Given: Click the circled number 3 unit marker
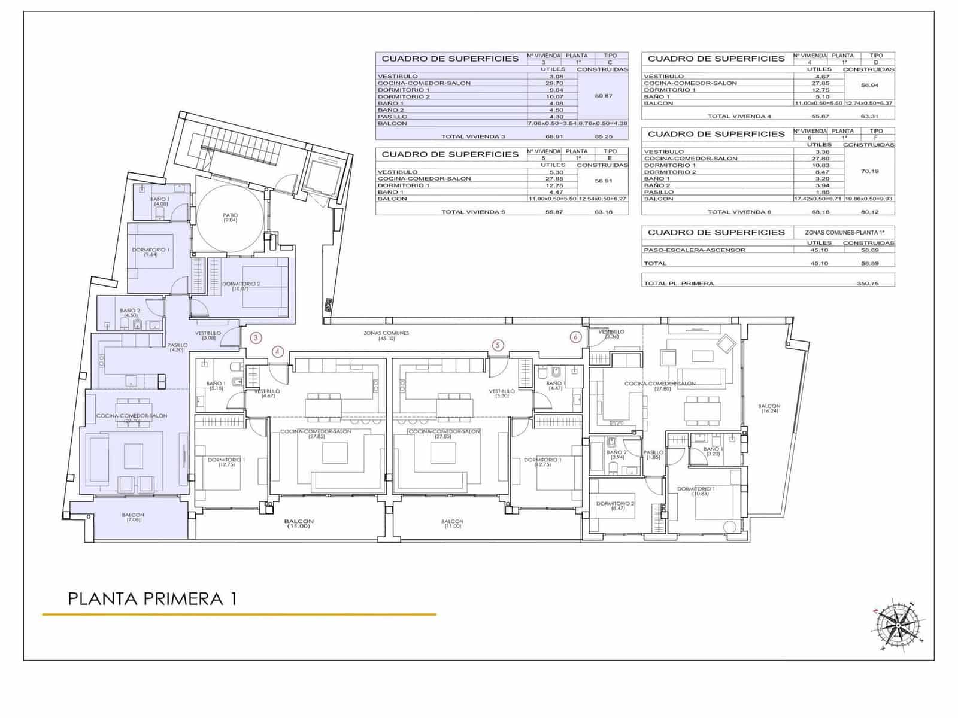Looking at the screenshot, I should pos(256,338).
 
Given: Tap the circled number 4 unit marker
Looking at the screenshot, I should pos(277,352).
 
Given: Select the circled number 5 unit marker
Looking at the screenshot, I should pos(498,345).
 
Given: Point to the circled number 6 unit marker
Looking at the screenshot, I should pos(575,337).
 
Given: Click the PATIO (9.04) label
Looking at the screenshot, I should pos(231,218).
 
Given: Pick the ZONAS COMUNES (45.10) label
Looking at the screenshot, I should pos(386,336).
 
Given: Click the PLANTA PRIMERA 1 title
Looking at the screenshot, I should pos(152,598).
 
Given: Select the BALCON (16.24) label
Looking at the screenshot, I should pos(770,409).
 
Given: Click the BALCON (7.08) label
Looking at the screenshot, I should pos(133,518).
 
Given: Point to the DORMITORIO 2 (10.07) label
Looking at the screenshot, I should pos(241,286).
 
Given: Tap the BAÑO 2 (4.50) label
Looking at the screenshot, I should pos(130,313).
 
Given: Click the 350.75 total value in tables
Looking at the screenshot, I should pos(868,284).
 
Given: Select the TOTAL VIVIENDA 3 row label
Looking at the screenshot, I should pos(473,137).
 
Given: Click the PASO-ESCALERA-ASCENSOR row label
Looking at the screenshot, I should pos(695,250).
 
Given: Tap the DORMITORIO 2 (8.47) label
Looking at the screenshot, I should pos(615,506).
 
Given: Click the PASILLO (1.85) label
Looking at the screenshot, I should pos(653,455).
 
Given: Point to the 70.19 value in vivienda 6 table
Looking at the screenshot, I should pos(869,171).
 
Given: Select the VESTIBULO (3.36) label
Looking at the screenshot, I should pos(611,334).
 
